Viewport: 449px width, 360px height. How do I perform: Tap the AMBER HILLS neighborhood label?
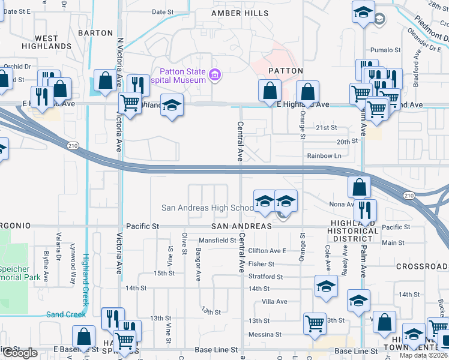click(238, 13)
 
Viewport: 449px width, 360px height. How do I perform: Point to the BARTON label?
click(95, 33)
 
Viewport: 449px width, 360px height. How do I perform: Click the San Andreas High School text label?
click(208, 208)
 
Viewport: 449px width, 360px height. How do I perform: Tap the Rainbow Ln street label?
click(324, 156)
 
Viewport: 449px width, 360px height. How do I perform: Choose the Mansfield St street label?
click(218, 240)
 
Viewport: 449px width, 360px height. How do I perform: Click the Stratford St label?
click(265, 277)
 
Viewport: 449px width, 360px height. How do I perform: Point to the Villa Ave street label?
click(274, 302)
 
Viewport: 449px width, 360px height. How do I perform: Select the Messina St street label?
click(265, 334)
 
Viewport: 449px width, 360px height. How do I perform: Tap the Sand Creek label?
click(66, 314)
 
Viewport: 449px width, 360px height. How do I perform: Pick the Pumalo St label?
click(385, 50)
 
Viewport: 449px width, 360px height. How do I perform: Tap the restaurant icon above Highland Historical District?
click(364, 210)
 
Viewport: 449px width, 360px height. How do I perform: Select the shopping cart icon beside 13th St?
click(315, 323)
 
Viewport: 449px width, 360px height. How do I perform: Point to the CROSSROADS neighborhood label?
click(422, 265)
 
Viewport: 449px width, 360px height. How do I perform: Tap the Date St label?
click(163, 11)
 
